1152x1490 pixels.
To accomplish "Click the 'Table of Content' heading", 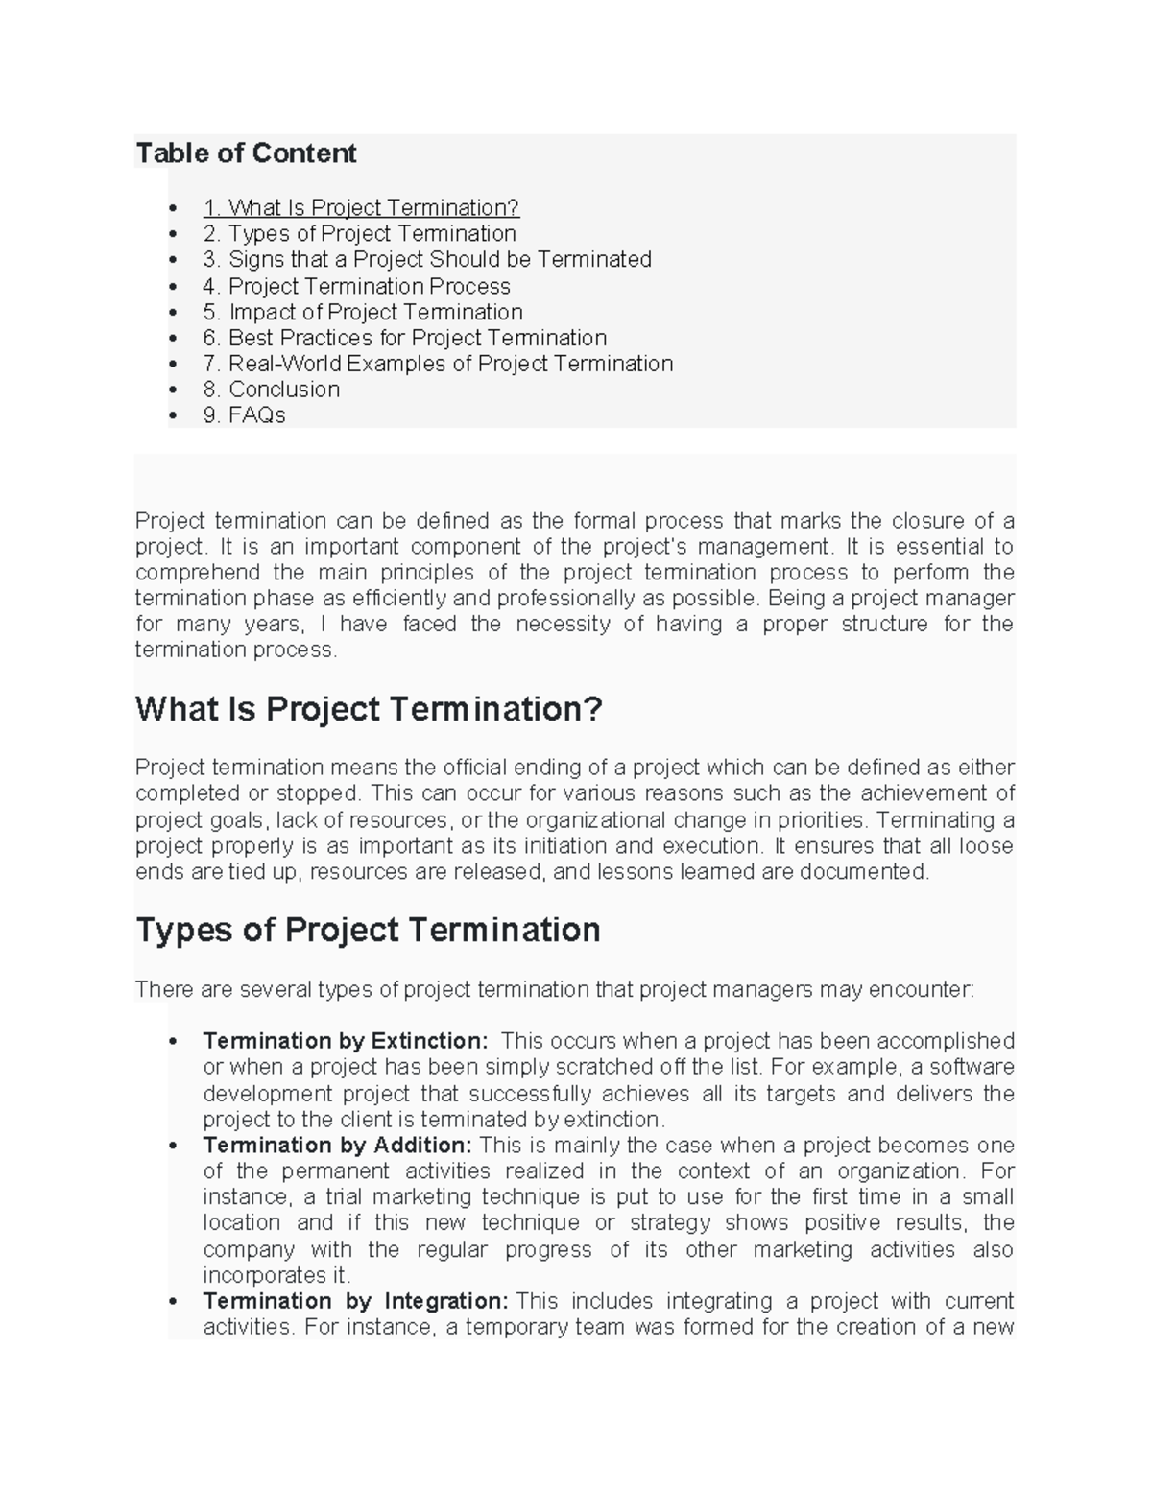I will (246, 154).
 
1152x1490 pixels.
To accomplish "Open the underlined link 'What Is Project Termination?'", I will (361, 208).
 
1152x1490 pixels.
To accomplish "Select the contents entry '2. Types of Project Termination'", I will (360, 234).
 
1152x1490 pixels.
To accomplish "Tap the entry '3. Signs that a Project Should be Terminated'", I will (427, 260).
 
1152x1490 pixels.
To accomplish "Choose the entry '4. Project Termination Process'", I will (357, 287).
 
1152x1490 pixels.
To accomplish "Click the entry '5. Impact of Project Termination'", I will (363, 313).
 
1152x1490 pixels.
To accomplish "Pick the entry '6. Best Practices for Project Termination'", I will (405, 339).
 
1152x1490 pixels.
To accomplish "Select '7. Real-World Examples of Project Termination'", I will (438, 365).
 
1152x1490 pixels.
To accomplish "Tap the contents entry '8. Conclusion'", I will (272, 390).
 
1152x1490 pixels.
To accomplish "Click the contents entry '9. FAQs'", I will (245, 415).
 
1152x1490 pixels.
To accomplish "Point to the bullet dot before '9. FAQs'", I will (173, 416).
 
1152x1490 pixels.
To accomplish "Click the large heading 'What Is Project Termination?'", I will (369, 710).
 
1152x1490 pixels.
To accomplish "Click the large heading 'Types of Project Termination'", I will (368, 931).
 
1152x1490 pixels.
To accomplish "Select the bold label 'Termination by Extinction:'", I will (346, 1042).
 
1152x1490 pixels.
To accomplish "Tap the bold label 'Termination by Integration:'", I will (355, 1302).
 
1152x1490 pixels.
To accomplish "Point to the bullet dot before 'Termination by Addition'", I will (173, 1147).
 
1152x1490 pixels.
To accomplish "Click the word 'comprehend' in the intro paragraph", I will (198, 574).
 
